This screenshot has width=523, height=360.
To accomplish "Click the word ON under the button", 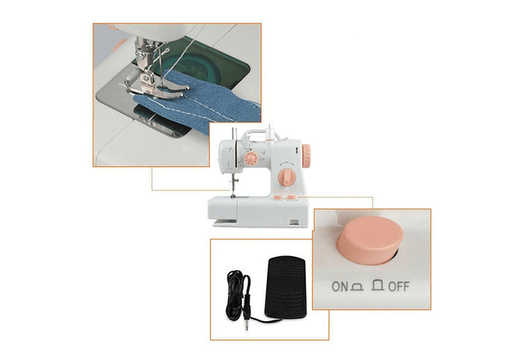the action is pyautogui.click(x=340, y=286).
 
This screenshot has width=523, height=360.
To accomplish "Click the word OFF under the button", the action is pyautogui.click(x=399, y=286).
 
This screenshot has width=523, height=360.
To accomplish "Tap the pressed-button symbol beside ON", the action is pyautogui.click(x=357, y=287).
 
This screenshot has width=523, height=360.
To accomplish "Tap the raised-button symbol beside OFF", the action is pyautogui.click(x=378, y=285).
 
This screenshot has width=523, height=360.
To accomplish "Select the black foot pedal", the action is pyautogui.click(x=285, y=287).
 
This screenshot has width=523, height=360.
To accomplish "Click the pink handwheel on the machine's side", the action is pyautogui.click(x=306, y=155).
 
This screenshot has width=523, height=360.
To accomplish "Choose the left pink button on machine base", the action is pyautogui.click(x=277, y=198).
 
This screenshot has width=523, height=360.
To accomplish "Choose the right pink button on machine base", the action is pyautogui.click(x=291, y=197).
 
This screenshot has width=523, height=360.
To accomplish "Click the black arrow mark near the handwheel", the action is pyautogui.click(x=296, y=150).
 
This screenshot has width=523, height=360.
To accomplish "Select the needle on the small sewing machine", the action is pyautogui.click(x=233, y=187).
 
